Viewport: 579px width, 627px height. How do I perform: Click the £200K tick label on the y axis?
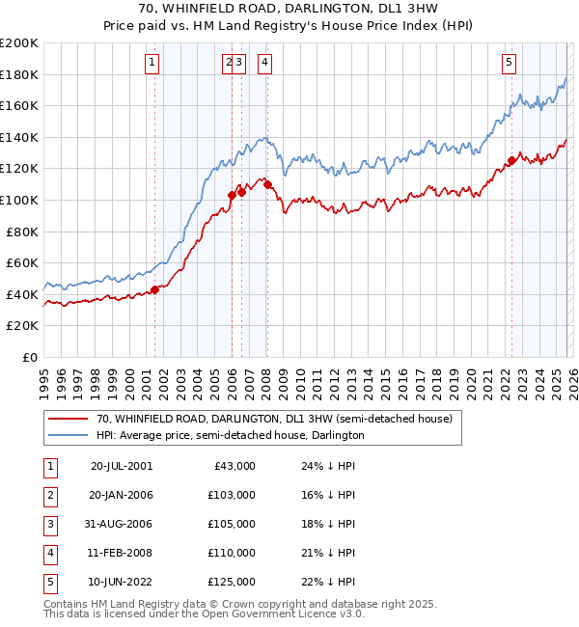point(18,43)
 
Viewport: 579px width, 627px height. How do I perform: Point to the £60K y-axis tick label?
point(22,262)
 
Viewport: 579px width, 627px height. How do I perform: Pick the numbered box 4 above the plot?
point(264,64)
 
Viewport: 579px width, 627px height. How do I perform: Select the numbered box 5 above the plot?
point(509,64)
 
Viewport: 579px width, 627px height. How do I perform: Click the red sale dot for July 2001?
point(154,289)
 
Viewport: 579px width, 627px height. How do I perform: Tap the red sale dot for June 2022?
point(511,160)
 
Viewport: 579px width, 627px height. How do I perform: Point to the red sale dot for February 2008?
point(267,183)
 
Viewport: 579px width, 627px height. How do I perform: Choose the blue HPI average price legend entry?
point(230,435)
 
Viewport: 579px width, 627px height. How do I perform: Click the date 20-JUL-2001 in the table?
point(121,466)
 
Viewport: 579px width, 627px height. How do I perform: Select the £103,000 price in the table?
point(232,495)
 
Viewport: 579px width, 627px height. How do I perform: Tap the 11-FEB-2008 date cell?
point(121,553)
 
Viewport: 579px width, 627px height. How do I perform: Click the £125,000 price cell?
point(232,582)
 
